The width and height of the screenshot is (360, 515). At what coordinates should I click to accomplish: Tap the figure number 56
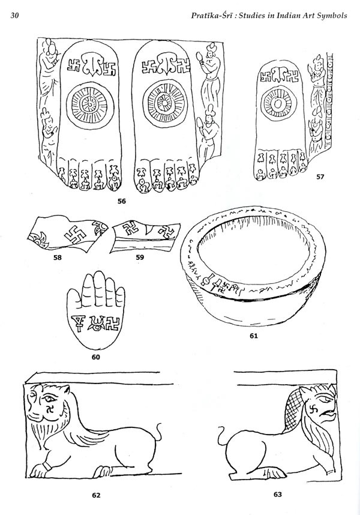(122, 201)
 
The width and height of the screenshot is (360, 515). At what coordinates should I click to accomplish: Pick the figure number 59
(140, 258)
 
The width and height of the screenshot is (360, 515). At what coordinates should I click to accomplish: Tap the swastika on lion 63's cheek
(311, 412)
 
